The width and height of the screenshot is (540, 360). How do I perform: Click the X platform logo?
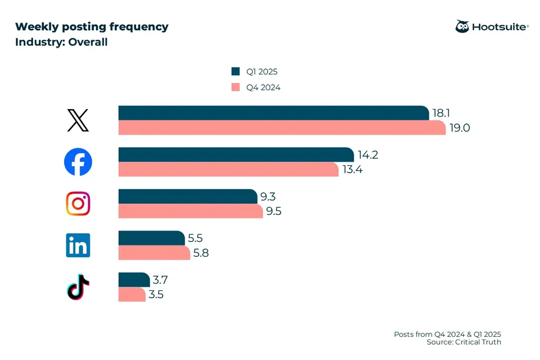point(78,120)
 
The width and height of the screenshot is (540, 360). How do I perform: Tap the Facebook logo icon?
point(78,161)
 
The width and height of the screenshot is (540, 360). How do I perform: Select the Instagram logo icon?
point(78,203)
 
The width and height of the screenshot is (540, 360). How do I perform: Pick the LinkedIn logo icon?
point(78,246)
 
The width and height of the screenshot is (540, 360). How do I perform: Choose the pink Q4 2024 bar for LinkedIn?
point(154,253)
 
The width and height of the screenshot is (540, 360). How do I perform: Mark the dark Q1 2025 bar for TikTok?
point(134,280)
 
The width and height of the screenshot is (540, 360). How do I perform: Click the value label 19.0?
point(459,128)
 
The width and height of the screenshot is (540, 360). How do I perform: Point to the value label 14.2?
point(368,155)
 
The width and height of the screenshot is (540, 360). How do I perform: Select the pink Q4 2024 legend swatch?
point(235,87)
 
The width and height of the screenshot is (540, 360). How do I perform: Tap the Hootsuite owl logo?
point(462,26)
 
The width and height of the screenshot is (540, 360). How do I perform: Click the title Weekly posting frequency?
point(91,26)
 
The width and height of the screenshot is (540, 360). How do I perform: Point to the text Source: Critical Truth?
point(463,342)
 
